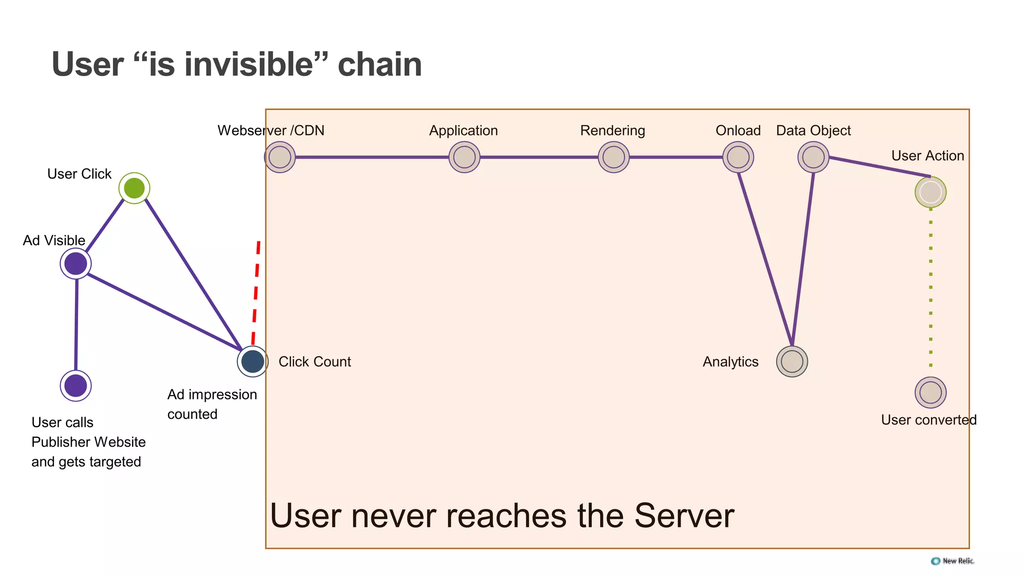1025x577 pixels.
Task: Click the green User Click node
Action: click(x=134, y=188)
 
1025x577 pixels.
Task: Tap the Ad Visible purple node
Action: click(x=76, y=263)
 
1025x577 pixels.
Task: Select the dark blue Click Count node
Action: click(x=253, y=361)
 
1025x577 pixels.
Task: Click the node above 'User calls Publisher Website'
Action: click(x=76, y=386)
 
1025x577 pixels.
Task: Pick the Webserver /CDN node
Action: click(x=280, y=157)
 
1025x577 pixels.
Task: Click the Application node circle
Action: click(x=464, y=157)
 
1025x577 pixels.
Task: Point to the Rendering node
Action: click(x=614, y=157)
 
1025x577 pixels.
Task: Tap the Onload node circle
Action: click(x=738, y=157)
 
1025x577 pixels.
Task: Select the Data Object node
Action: click(x=813, y=157)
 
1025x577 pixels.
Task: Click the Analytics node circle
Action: click(x=792, y=362)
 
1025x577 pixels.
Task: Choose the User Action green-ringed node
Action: click(x=930, y=192)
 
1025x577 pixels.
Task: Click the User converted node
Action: click(x=930, y=393)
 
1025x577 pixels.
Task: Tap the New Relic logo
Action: click(x=952, y=561)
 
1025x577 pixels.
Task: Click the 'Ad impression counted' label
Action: click(x=212, y=404)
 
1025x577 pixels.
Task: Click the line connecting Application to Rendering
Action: click(x=539, y=157)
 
